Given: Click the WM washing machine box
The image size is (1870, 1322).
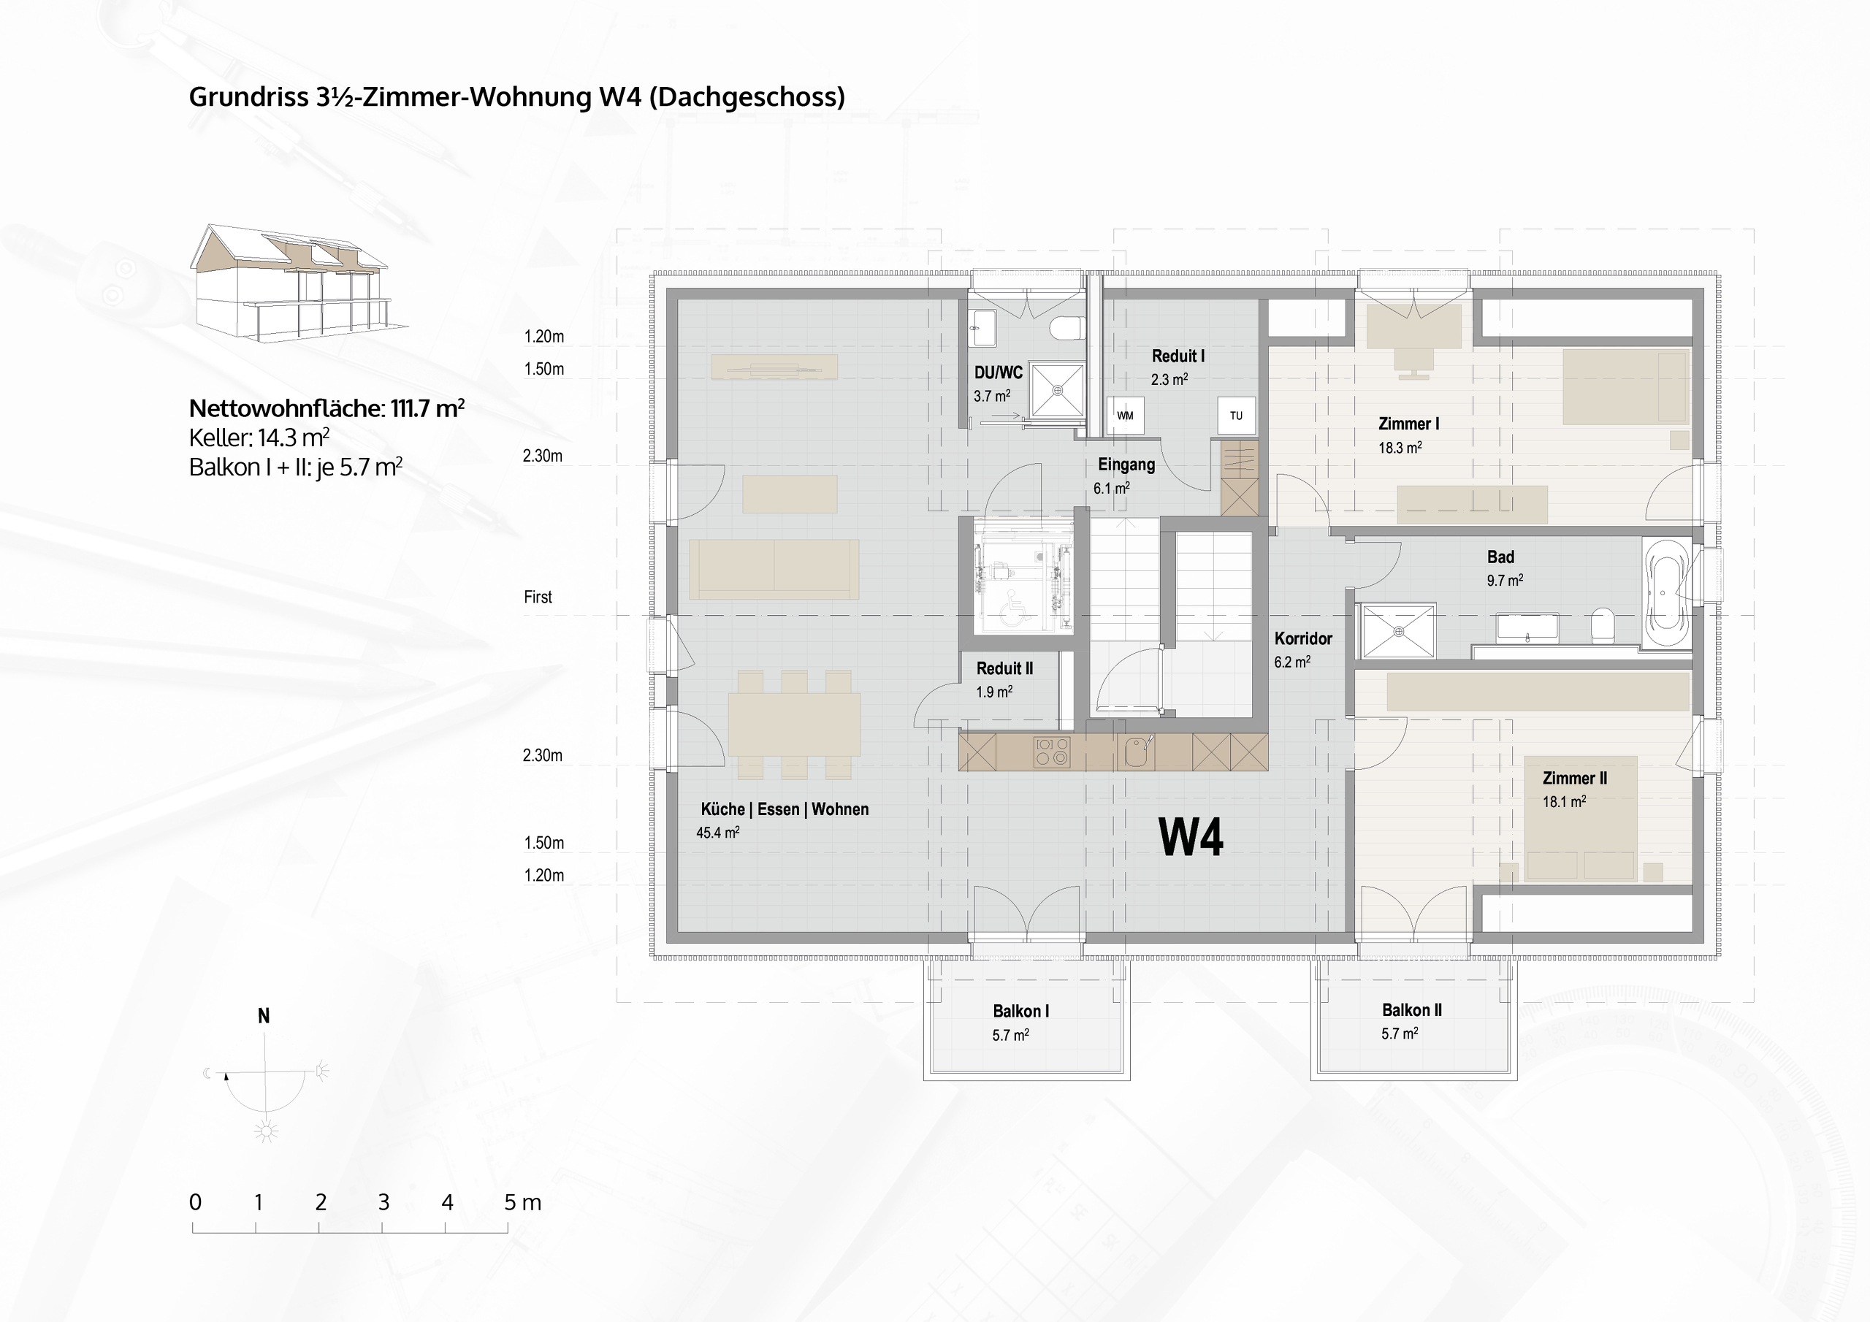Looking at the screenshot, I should (1125, 416).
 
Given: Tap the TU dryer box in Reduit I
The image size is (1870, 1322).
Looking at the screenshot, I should (1235, 416).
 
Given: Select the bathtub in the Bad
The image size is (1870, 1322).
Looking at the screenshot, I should (1667, 594).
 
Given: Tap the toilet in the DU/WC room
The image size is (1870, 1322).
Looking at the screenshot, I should (1068, 328).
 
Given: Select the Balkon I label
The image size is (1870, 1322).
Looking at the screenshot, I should (1020, 1011).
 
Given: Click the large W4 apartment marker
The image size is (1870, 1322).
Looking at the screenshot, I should (1190, 836).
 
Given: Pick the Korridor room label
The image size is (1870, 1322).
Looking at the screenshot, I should (1303, 638).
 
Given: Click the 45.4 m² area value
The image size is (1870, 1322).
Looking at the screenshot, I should (717, 833).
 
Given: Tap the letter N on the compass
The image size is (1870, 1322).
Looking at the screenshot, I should (264, 1016).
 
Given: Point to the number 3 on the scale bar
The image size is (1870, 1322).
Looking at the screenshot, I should (383, 1202).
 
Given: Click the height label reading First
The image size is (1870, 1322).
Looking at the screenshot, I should (538, 597).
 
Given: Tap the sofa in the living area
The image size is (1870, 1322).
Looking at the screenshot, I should (774, 568).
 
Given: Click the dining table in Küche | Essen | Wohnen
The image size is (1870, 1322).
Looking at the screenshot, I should (794, 724).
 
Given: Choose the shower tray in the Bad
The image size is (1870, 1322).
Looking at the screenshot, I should (1398, 630).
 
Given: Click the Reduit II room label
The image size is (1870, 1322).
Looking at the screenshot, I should (1004, 668).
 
